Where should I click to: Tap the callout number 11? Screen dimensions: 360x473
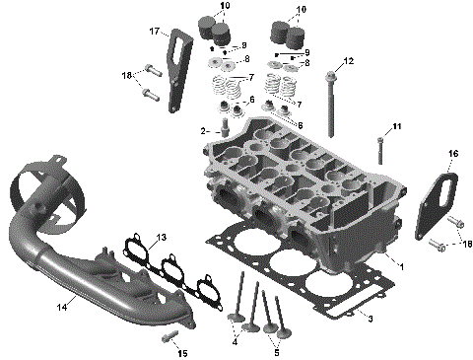[x=398, y=127]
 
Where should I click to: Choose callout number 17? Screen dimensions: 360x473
[x=155, y=32]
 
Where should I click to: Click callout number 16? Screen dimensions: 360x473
[x=453, y=154]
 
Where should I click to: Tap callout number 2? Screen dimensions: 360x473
[x=203, y=130]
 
